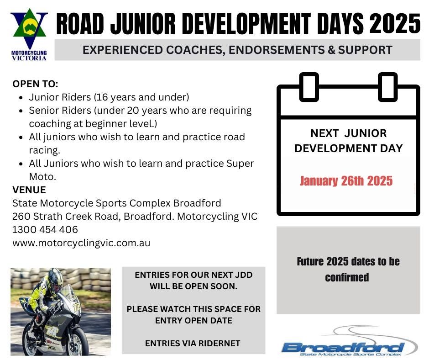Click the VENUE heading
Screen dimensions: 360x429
click(x=29, y=190)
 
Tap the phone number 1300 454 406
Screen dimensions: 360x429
click(x=45, y=229)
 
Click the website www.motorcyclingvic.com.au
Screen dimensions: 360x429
click(x=81, y=243)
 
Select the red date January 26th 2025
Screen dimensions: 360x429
click(x=346, y=181)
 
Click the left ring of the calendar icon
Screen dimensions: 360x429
click(x=309, y=87)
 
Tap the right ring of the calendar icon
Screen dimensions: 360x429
click(x=388, y=87)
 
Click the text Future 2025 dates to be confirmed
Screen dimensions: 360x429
click(x=348, y=269)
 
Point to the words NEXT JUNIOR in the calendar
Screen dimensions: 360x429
click(x=348, y=133)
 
